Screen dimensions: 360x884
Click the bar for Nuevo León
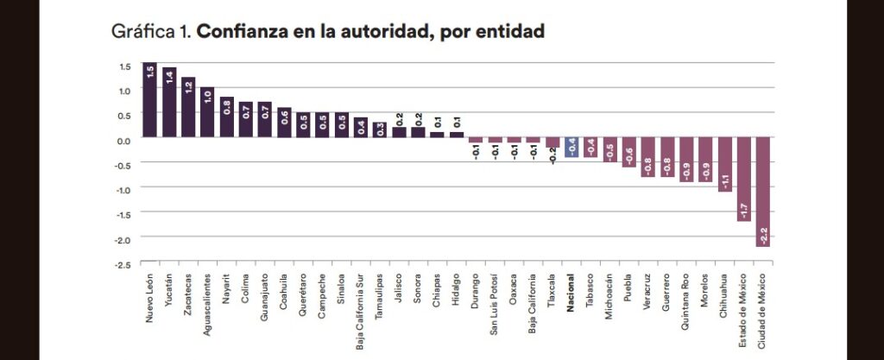click(x=149, y=101)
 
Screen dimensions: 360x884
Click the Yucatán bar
click(x=169, y=104)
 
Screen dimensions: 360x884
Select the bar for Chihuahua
click(x=724, y=165)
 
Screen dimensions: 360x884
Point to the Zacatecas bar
click(x=188, y=108)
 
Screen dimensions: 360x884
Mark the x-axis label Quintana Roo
click(x=685, y=299)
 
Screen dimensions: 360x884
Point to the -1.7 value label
click(x=743, y=210)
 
